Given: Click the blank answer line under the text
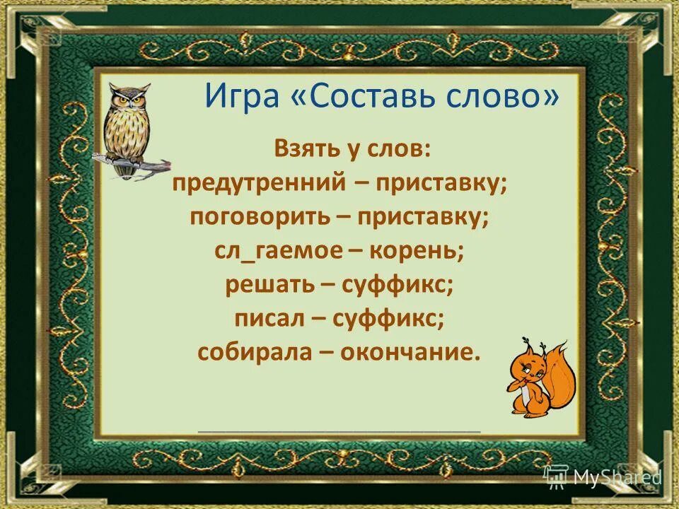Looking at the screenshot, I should point(339,429).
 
